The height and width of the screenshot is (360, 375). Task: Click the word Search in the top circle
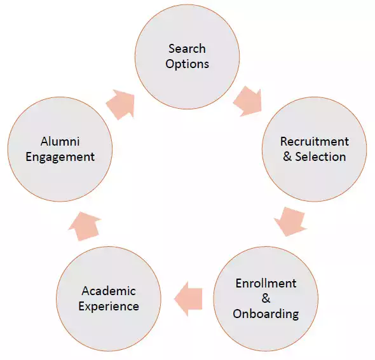click(187, 48)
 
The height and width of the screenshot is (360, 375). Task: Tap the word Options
click(187, 64)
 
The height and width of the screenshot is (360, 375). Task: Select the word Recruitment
click(315, 141)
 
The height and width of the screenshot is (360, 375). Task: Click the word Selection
click(320, 156)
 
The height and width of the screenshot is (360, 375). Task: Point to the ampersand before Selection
click(287, 156)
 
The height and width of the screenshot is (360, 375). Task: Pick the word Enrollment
click(266, 284)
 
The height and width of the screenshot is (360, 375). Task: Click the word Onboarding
click(266, 314)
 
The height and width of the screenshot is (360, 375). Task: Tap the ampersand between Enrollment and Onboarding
click(266, 299)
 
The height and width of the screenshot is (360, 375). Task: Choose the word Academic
click(109, 291)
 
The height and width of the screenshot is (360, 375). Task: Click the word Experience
click(109, 307)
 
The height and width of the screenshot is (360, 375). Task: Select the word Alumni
click(60, 141)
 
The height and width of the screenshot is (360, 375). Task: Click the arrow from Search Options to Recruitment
click(249, 102)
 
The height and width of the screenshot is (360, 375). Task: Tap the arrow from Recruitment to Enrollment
click(290, 221)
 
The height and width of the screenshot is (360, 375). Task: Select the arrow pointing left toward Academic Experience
click(188, 299)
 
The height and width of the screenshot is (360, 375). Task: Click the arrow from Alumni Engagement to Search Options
click(121, 104)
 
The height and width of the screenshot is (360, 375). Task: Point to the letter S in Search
click(172, 48)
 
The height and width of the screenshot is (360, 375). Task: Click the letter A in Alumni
click(44, 141)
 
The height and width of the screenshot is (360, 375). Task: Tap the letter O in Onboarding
click(238, 314)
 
